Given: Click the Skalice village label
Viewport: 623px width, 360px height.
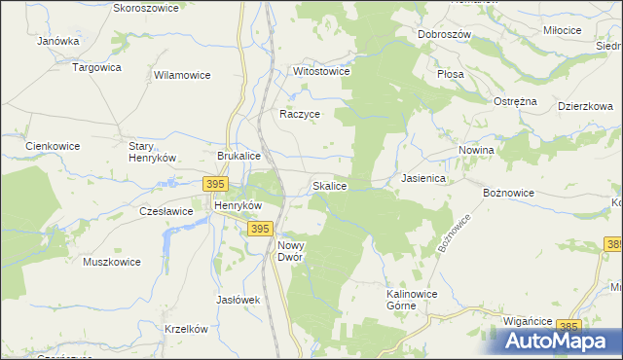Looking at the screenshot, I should point(329,185).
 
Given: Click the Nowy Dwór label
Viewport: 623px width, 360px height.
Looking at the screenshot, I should point(290,251).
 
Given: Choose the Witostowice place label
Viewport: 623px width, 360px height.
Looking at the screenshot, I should point(321,72).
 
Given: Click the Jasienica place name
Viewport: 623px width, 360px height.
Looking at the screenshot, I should point(423,179).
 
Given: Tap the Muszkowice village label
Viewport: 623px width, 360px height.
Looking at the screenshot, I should point(112,262).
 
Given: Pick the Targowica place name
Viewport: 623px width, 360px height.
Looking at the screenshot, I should point(96,67).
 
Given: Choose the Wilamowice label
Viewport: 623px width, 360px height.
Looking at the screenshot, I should point(183,74).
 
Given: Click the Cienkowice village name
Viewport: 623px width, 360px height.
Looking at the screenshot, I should point(53,146).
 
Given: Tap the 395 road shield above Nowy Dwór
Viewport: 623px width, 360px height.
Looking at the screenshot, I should point(258,229).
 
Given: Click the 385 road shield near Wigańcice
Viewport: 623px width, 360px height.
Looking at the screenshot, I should point(570,326).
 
